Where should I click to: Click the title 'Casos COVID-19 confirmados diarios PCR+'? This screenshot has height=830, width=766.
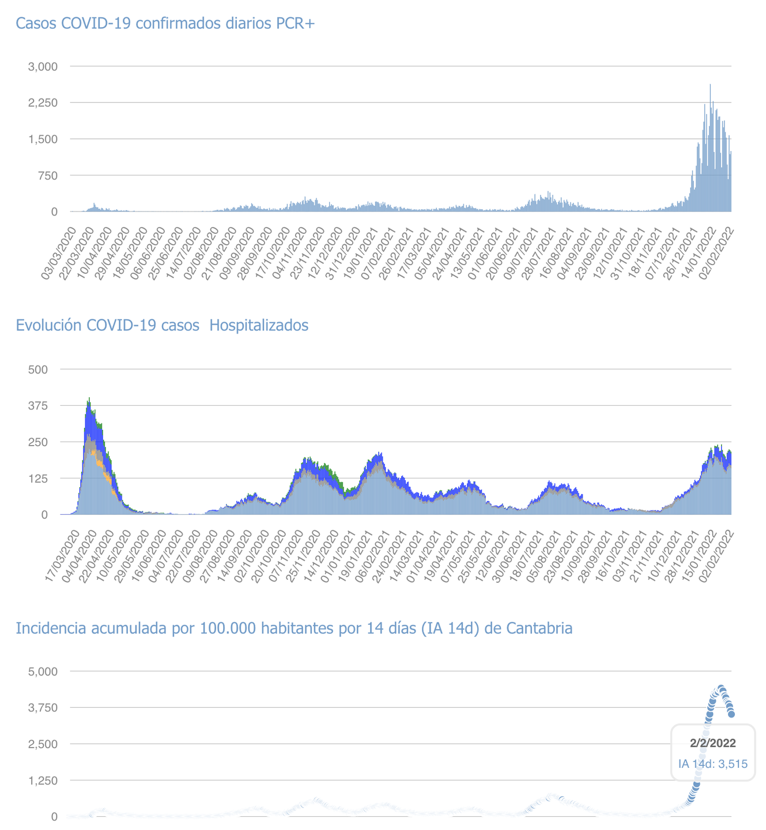tap(165, 24)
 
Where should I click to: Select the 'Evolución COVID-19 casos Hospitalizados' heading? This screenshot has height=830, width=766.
tap(162, 326)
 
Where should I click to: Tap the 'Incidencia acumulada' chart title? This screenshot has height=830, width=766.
tap(294, 628)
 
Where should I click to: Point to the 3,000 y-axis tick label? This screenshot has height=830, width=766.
tap(43, 66)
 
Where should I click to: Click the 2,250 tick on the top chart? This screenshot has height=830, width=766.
tap(43, 103)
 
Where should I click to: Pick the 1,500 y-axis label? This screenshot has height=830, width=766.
tap(43, 139)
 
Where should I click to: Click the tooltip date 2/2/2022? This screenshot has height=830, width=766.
tap(712, 744)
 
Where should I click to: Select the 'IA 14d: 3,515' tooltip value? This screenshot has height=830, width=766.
tap(712, 764)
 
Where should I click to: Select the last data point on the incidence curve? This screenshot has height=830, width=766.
tap(731, 714)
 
